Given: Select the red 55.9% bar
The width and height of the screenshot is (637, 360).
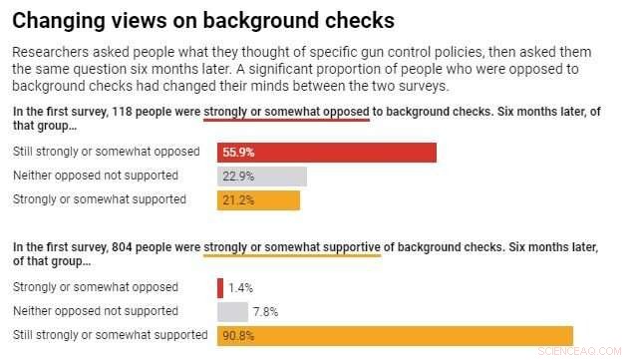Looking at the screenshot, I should tap(326, 153).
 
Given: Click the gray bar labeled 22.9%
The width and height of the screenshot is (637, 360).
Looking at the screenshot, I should tap(261, 177).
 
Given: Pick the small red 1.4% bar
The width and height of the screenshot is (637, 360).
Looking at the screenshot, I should tap(220, 287).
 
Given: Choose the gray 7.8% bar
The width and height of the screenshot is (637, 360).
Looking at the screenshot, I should tap(232, 311).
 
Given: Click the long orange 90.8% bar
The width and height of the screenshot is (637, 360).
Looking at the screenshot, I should tap(395, 336).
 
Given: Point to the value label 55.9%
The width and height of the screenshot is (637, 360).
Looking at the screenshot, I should tap(238, 153).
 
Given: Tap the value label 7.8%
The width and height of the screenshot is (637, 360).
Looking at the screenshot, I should tap(265, 311).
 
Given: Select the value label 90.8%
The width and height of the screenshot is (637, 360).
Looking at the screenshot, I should tap(238, 336).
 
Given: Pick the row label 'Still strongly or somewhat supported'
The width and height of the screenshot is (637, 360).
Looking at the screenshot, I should tap(110, 335).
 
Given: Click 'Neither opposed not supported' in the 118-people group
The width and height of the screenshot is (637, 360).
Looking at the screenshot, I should tap(95, 176).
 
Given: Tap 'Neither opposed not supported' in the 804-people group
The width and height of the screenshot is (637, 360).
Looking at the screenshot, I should tap(95, 311).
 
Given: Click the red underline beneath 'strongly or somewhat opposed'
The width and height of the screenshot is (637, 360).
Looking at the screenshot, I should tap(286, 121).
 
